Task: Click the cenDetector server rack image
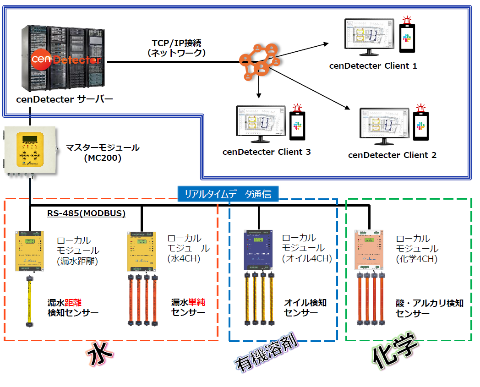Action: click(x=61, y=58)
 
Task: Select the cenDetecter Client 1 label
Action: click(x=373, y=65)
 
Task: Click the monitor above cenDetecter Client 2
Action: click(x=383, y=124)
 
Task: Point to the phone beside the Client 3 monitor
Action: click(x=298, y=126)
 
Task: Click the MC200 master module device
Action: click(x=30, y=152)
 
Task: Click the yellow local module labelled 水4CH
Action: click(x=140, y=250)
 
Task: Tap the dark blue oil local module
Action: click(x=259, y=250)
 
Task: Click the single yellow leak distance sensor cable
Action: click(x=30, y=300)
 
